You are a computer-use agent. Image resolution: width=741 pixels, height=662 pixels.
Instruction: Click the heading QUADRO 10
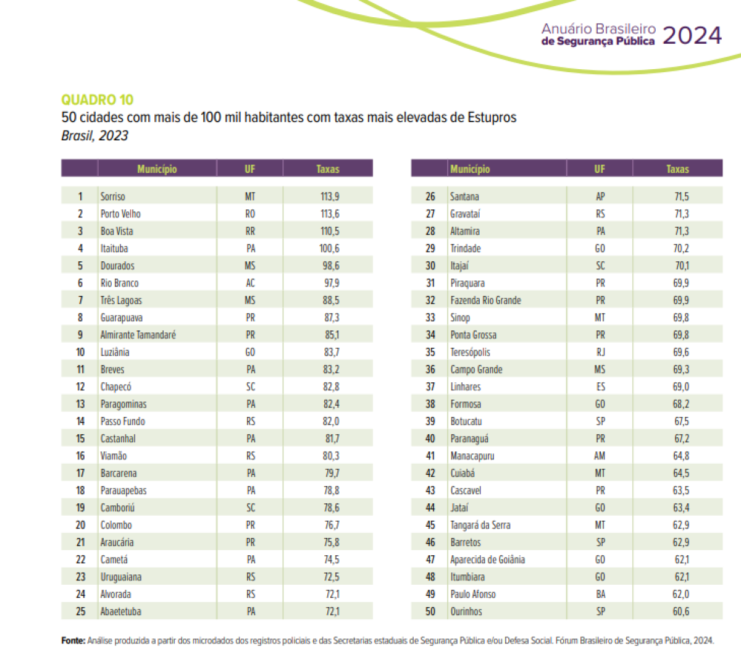point(97,100)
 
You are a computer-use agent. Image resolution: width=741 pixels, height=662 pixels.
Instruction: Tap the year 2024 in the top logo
point(692,36)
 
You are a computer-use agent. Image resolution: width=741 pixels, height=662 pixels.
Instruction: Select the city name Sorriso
point(113,196)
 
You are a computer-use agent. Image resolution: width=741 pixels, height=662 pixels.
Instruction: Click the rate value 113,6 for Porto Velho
point(329,214)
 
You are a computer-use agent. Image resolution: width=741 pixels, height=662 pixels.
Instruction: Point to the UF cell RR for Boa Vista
point(250,231)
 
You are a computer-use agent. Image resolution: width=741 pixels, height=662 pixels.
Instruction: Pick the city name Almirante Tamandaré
point(138,335)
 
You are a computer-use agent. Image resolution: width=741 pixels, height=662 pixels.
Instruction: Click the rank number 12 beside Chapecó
point(80,387)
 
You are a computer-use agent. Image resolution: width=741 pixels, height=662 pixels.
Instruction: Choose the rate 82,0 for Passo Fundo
point(330,421)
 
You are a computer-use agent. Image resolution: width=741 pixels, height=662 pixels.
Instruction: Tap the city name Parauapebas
point(124,490)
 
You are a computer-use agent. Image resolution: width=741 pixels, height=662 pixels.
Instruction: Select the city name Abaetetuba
point(121,611)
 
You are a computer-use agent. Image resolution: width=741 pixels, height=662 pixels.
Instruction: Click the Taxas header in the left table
point(327,169)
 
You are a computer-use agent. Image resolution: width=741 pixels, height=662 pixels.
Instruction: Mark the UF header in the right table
point(600,169)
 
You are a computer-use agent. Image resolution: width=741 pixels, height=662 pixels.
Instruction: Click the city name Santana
point(464,196)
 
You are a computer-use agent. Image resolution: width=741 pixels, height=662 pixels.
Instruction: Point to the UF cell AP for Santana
point(600,196)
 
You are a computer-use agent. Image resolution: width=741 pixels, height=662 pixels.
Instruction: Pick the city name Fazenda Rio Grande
point(485,300)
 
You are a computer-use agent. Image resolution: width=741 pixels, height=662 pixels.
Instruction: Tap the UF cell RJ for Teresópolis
point(600,352)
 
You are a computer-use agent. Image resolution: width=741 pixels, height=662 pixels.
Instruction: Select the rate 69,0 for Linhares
point(680,387)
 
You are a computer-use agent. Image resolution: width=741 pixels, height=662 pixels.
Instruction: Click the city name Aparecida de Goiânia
point(487,559)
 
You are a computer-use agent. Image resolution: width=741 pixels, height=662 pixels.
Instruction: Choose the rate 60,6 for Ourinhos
point(680,611)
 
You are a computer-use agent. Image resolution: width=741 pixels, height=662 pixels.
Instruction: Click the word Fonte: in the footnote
point(73,640)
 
